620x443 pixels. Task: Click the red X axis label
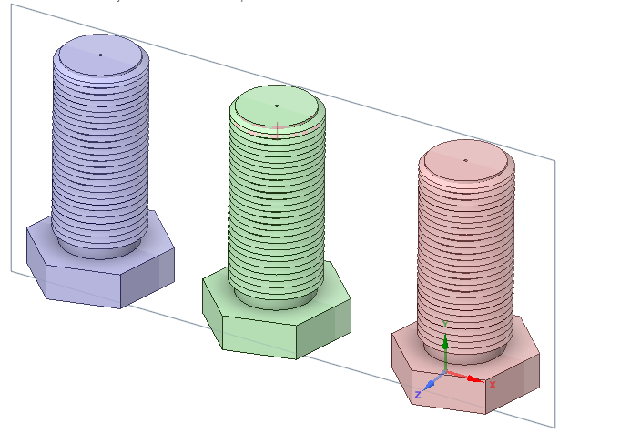click(x=493, y=385)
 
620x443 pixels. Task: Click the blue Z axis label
click(x=417, y=395)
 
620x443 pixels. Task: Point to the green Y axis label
click(x=444, y=322)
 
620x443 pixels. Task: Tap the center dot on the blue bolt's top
click(x=100, y=54)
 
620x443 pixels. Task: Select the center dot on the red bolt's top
click(x=465, y=160)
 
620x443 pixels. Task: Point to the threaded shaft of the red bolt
click(x=465, y=255)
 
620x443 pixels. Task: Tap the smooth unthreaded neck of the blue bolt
click(x=98, y=245)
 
